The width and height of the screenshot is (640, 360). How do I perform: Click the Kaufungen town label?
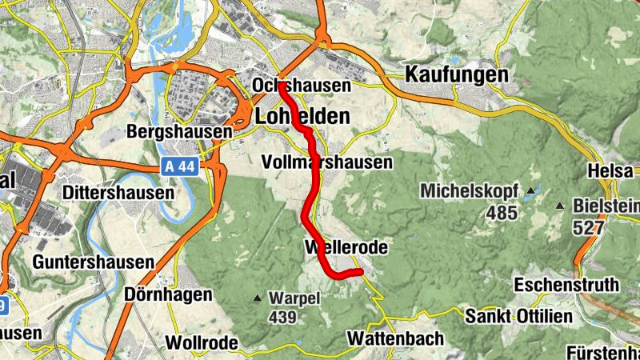click(x=457, y=74)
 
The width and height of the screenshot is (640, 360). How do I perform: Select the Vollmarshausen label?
click(x=328, y=162)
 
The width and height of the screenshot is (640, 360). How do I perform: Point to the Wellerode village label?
click(x=346, y=248)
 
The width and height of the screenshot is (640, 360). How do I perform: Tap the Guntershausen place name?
click(x=94, y=262)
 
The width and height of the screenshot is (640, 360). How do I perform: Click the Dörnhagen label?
click(x=169, y=295)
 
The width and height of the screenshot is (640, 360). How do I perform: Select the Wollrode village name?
click(x=202, y=343)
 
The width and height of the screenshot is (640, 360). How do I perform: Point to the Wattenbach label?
click(x=395, y=339)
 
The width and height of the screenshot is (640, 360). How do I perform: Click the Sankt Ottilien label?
click(x=519, y=316)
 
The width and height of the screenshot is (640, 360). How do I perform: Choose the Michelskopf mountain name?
click(x=470, y=192)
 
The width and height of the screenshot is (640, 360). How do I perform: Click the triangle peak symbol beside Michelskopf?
click(x=530, y=192)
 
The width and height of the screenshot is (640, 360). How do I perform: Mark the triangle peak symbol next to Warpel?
click(x=258, y=299)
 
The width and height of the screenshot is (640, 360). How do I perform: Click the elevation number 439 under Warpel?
click(x=283, y=318)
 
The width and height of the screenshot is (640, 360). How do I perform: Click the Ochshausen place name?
click(x=302, y=85)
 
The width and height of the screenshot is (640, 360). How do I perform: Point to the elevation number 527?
click(x=588, y=227)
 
